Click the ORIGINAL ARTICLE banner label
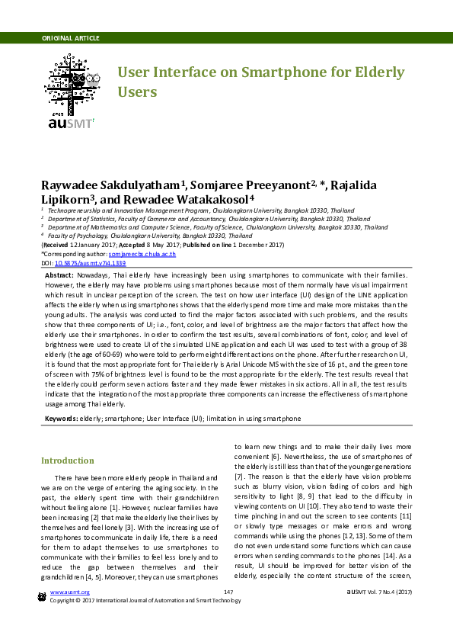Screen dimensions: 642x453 (x=70, y=38)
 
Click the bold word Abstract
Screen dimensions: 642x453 (x=59, y=274)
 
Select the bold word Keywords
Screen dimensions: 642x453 (x=61, y=419)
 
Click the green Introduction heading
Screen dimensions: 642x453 (x=68, y=461)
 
